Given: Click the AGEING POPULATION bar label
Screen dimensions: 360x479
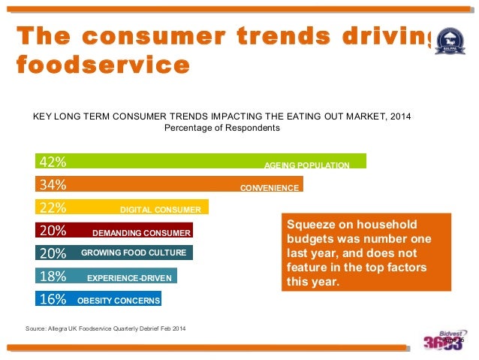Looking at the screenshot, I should [x=306, y=165].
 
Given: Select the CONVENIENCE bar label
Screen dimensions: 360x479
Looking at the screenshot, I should [x=270, y=187].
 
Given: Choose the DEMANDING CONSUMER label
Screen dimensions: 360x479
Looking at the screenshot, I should [x=141, y=233].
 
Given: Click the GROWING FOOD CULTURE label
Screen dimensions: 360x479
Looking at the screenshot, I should [x=135, y=253].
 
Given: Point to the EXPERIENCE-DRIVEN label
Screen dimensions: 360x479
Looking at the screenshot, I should [x=129, y=278].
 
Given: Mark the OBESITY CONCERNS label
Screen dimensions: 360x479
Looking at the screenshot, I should [x=118, y=301].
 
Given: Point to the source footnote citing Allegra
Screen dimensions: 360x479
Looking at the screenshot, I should [x=106, y=329].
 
